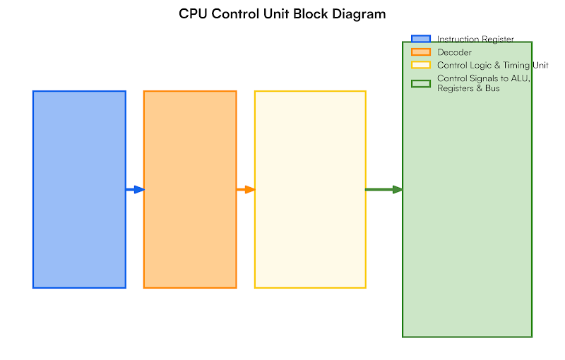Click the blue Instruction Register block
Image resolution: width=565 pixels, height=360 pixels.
[x=79, y=189]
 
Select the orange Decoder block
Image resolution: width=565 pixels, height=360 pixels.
[x=190, y=189]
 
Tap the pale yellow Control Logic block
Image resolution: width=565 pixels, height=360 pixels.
[x=310, y=189]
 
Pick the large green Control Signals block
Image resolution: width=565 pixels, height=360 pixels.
[x=467, y=212]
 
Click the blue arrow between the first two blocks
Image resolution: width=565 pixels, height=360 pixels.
[x=134, y=189]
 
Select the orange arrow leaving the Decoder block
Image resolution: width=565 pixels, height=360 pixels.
[x=245, y=189]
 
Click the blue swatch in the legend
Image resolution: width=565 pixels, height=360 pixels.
[x=421, y=40]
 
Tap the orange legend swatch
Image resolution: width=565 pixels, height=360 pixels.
[x=421, y=52]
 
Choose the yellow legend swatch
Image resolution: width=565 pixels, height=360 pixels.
[x=421, y=65]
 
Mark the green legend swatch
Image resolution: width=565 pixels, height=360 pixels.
[x=421, y=83]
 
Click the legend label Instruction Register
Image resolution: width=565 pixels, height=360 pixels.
[x=475, y=40]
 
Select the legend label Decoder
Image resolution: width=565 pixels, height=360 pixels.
[x=454, y=52]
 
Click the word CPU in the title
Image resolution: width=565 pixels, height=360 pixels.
[x=192, y=14]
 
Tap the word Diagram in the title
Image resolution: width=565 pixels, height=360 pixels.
[x=360, y=14]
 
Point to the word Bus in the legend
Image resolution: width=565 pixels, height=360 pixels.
[x=492, y=89]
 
